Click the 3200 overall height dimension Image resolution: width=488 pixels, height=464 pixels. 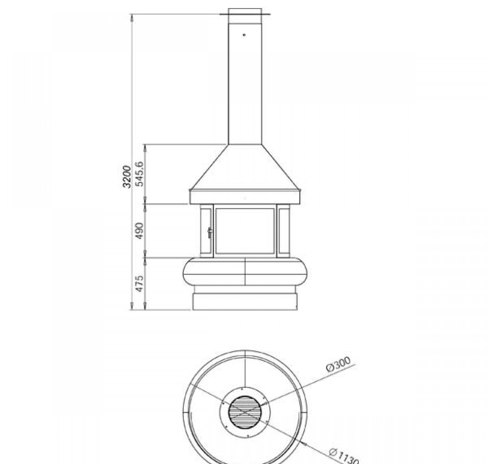(127, 177)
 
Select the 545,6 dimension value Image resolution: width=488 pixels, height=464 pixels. (140, 174)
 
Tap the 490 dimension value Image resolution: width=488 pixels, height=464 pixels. (140, 231)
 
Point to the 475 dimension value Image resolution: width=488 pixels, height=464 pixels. (140, 283)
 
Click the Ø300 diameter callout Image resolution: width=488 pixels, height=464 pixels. (338, 364)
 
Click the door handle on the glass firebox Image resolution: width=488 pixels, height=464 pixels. (210, 233)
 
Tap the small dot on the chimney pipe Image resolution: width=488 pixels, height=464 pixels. (244, 35)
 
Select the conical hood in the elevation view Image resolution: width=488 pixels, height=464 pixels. (245, 167)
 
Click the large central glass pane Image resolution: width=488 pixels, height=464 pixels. (245, 231)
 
